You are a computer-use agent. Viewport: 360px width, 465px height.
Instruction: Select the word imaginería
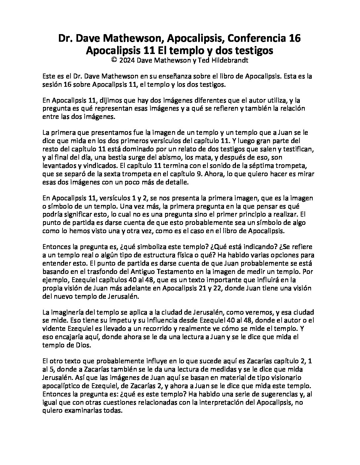pyautogui.click(x=68, y=312)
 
